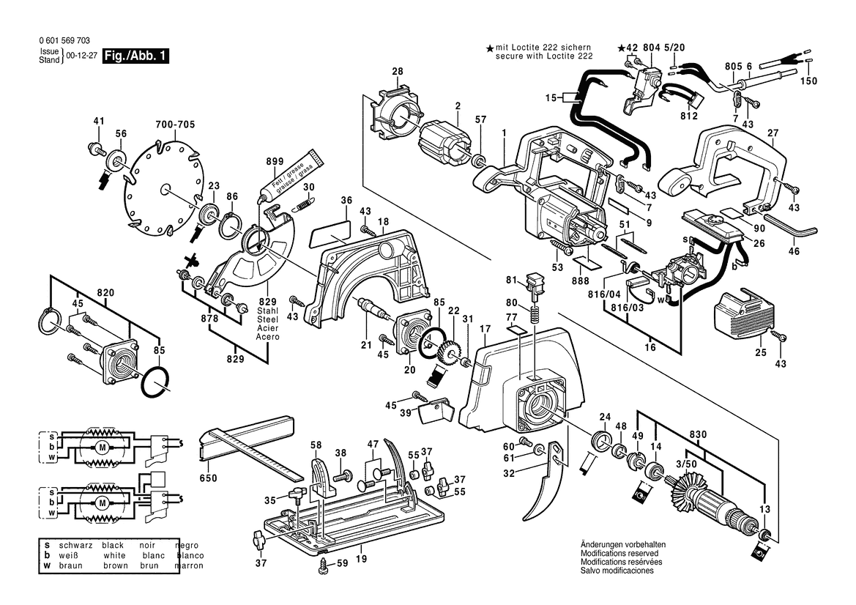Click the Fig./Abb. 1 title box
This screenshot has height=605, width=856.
[136, 56]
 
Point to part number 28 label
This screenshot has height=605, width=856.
[397, 72]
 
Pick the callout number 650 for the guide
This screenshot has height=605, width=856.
[209, 479]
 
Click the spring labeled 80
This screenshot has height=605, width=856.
[535, 319]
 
